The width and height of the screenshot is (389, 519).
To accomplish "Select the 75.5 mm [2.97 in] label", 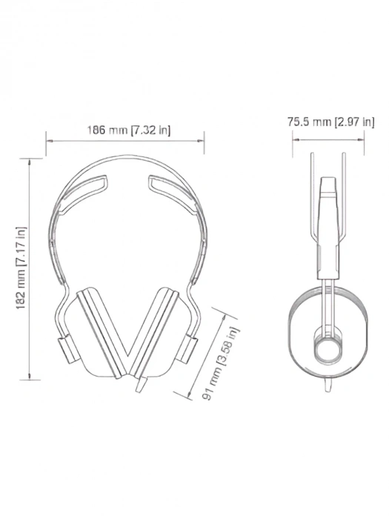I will tap(330, 122).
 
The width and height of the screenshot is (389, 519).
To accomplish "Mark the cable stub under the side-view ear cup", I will tap(328, 386).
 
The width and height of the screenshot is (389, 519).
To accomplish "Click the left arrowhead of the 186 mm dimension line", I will tap(48, 139).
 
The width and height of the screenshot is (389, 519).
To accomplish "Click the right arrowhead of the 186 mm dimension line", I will tap(203, 139).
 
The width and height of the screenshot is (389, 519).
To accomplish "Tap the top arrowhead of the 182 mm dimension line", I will tap(30, 159).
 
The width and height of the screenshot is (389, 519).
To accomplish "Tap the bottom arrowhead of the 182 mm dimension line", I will tap(30, 377).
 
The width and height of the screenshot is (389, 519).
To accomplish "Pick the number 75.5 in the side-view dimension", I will tap(299, 122).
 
